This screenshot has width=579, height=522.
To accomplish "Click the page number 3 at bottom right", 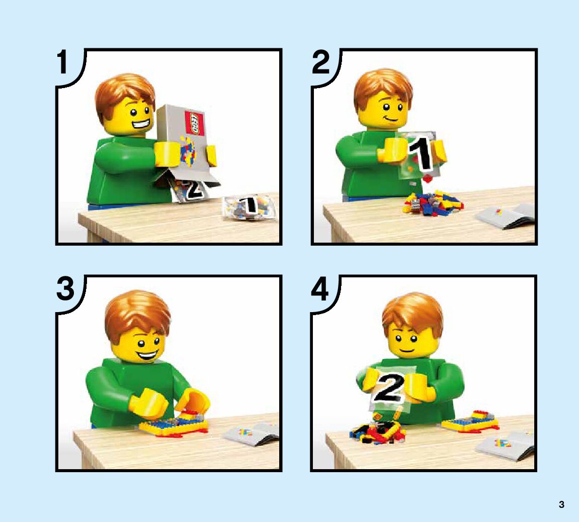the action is pyautogui.click(x=561, y=504).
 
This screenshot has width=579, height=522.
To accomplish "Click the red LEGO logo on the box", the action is pyautogui.click(x=194, y=123).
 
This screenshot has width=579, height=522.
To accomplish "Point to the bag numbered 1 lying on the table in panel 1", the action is pyautogui.click(x=249, y=207).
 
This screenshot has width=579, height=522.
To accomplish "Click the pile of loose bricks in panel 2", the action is pyautogui.click(x=432, y=204).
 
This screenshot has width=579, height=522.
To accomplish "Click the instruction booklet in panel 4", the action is pyautogui.click(x=506, y=445).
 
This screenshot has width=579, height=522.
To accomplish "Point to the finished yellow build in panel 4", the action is pyautogui.click(x=470, y=422).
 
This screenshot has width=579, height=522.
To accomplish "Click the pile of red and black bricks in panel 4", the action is pyautogui.click(x=377, y=432).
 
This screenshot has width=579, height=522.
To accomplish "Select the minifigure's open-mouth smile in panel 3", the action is pyautogui.click(x=147, y=355).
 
